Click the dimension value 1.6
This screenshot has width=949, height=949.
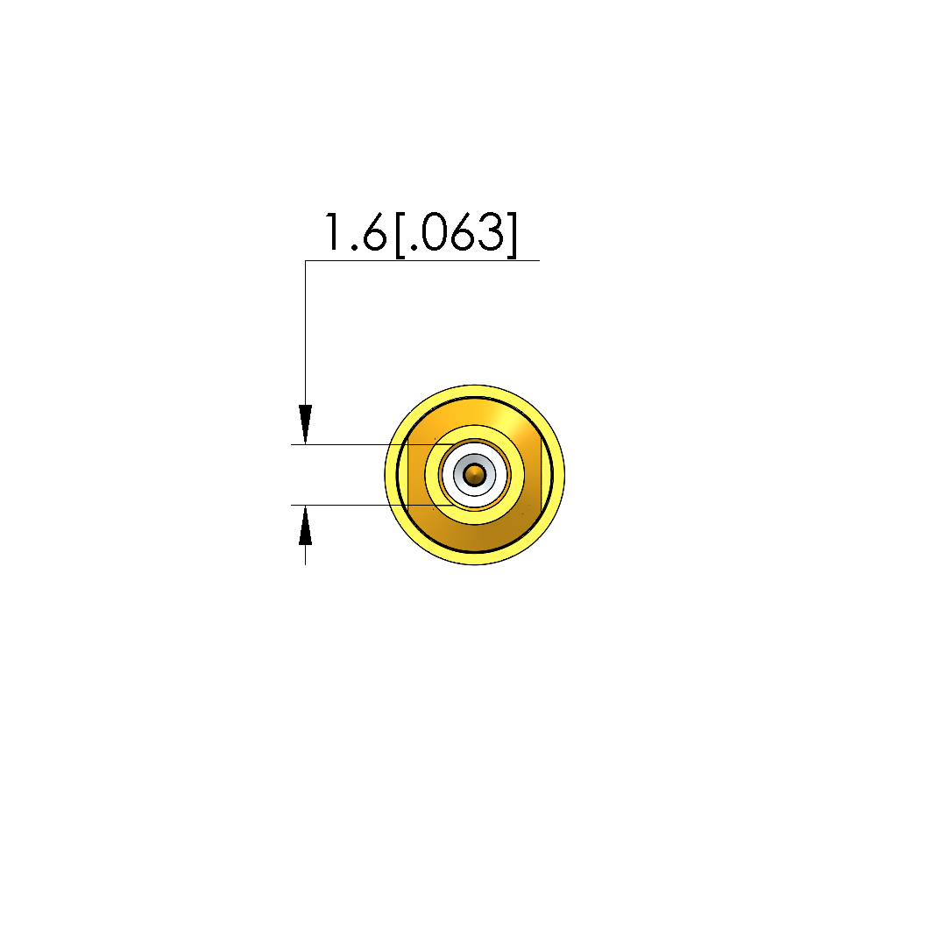tap(355, 232)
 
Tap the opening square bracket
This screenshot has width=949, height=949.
tap(400, 234)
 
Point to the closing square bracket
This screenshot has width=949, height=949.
tap(512, 234)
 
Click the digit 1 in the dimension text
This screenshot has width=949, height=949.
tap(332, 232)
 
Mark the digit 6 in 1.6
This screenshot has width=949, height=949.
tap(374, 232)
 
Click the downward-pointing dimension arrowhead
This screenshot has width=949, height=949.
tap(305, 424)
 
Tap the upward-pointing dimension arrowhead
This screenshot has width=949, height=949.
tap(305, 525)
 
